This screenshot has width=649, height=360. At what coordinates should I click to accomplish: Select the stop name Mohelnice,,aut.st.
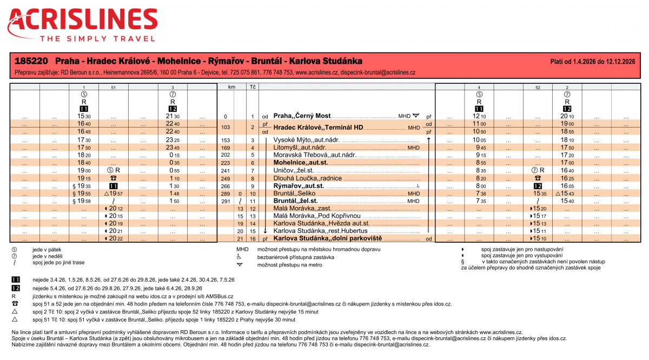(x=301, y=162)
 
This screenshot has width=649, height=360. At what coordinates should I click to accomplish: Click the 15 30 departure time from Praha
(x=84, y=116)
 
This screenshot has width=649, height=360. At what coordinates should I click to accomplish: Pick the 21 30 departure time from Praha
(x=173, y=116)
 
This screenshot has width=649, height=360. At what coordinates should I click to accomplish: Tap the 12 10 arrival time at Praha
(x=479, y=116)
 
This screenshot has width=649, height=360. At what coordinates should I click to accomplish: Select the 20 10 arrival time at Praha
(x=567, y=116)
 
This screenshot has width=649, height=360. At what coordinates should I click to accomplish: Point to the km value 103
(x=226, y=128)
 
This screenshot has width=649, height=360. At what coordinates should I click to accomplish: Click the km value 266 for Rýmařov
(x=226, y=185)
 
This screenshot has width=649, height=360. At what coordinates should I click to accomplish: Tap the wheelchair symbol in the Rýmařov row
(x=418, y=185)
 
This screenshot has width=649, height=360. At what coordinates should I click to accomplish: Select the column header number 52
(x=538, y=87)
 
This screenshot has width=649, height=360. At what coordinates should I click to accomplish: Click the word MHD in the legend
(x=242, y=249)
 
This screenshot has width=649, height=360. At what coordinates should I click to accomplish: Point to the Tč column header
(x=252, y=86)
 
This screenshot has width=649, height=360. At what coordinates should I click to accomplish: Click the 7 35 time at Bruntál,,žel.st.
(x=479, y=201)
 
